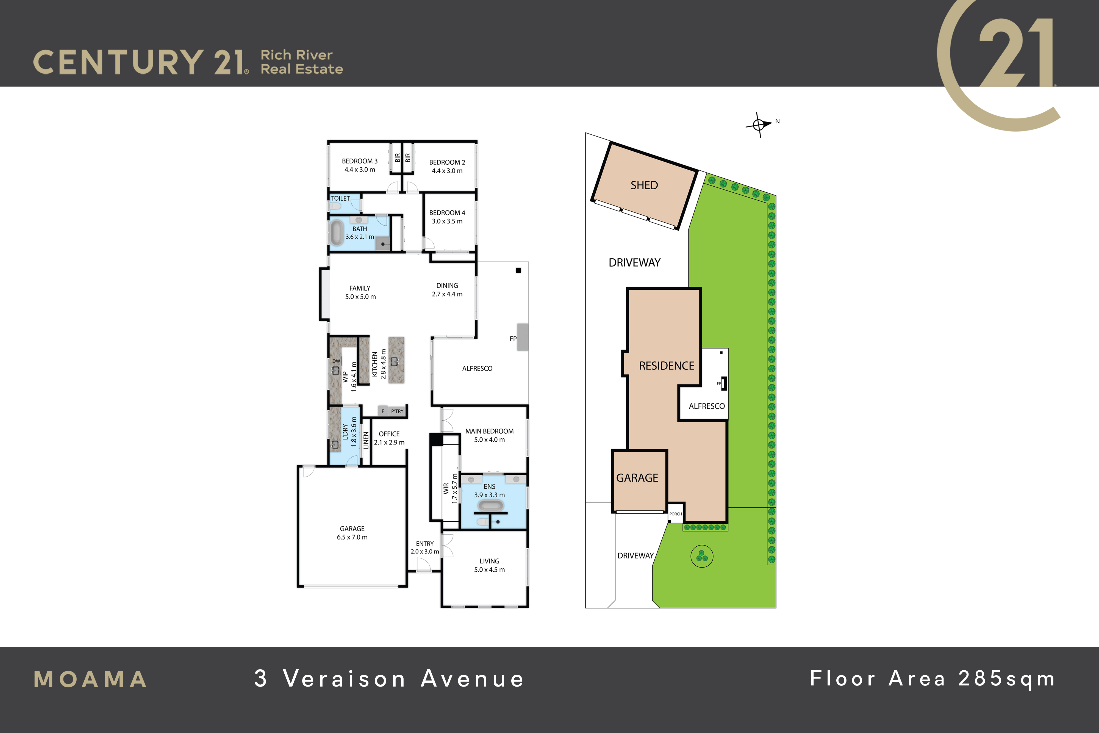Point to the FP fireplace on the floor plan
click(x=522, y=337)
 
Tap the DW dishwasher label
click(x=336, y=361)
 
